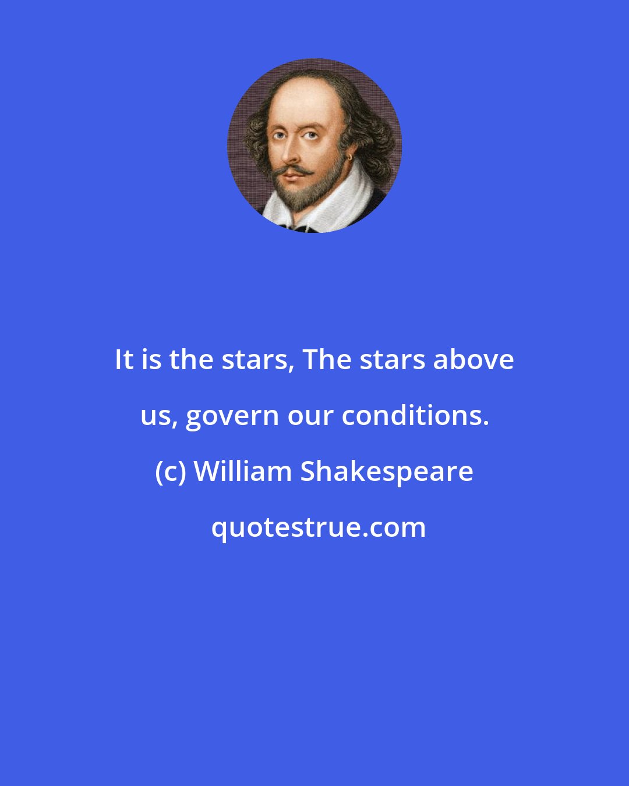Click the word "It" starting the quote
pyautogui.click(x=124, y=360)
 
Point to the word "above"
pyautogui.click(x=473, y=360)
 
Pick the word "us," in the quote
pyautogui.click(x=159, y=416)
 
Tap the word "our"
pyautogui.click(x=308, y=416)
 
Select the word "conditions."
pyautogui.click(x=415, y=416)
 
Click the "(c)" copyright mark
pyautogui.click(x=170, y=472)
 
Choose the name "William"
pyautogui.click(x=242, y=472)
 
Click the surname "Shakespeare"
pyautogui.click(x=386, y=472)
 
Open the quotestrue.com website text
pyautogui.click(x=318, y=527)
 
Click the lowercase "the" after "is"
pyautogui.click(x=188, y=360)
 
